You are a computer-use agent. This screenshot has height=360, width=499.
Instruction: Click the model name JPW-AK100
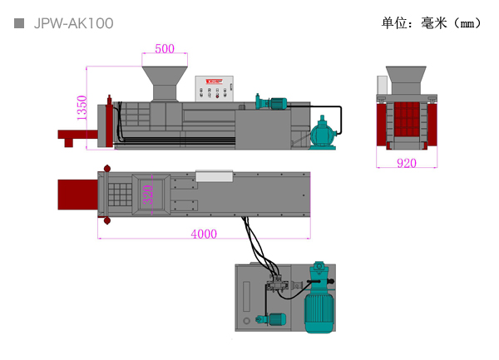[x=73, y=23]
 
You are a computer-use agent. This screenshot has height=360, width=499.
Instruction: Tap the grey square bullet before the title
[x=19, y=23]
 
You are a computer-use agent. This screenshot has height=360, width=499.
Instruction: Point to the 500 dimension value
[x=165, y=49]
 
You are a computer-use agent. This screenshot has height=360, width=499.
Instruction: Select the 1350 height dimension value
[x=82, y=108]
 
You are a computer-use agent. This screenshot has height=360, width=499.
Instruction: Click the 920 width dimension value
[x=406, y=164]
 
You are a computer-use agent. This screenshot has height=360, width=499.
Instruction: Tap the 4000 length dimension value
[x=203, y=234]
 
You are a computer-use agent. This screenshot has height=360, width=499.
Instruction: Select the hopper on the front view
[x=406, y=80]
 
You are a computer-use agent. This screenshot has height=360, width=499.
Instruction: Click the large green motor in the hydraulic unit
[x=318, y=301]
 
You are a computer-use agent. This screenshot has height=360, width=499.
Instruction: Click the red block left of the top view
[x=77, y=195]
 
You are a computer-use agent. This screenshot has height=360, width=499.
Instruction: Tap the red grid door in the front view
[x=406, y=120]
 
